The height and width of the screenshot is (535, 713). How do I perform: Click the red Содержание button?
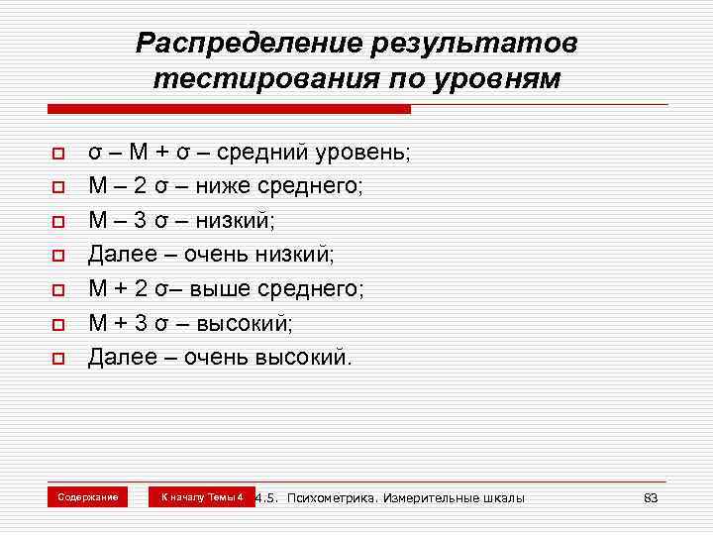tap(88, 496)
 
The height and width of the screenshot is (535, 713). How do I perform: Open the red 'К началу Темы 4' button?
tap(202, 496)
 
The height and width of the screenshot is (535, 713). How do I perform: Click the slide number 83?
tap(651, 497)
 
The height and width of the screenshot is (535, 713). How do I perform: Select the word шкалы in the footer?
tap(503, 497)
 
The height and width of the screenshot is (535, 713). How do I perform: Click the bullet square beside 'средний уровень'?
tap(58, 155)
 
